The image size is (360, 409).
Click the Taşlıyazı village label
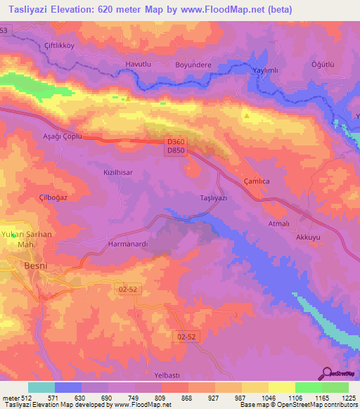[x=214, y=198]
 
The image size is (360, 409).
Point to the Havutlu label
[x=138, y=64]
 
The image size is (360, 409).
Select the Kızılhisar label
[x=119, y=171]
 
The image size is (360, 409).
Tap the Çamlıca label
[x=257, y=181]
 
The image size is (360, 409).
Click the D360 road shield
[x=176, y=142]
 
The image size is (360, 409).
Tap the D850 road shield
[x=176, y=151]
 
